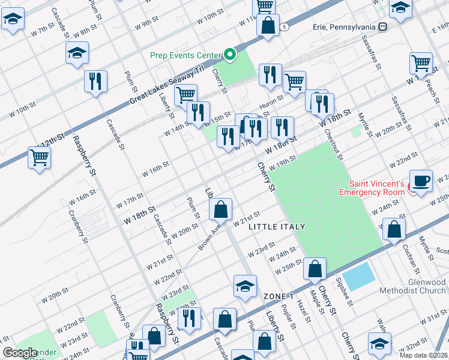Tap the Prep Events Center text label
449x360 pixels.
tap(185, 56)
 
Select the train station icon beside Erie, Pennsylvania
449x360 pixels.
tap(382, 27)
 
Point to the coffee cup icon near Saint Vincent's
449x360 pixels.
tap(421, 180)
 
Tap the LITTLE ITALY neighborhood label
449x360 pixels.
tap(277, 226)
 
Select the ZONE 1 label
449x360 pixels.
tap(279, 297)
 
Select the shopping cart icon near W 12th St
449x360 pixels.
tap(40, 158)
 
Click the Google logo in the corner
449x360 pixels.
tap(20, 353)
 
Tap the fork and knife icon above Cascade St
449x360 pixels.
tap(95, 81)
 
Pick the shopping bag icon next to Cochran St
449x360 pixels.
tap(394, 230)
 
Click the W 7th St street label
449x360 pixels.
tap(43, 30)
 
